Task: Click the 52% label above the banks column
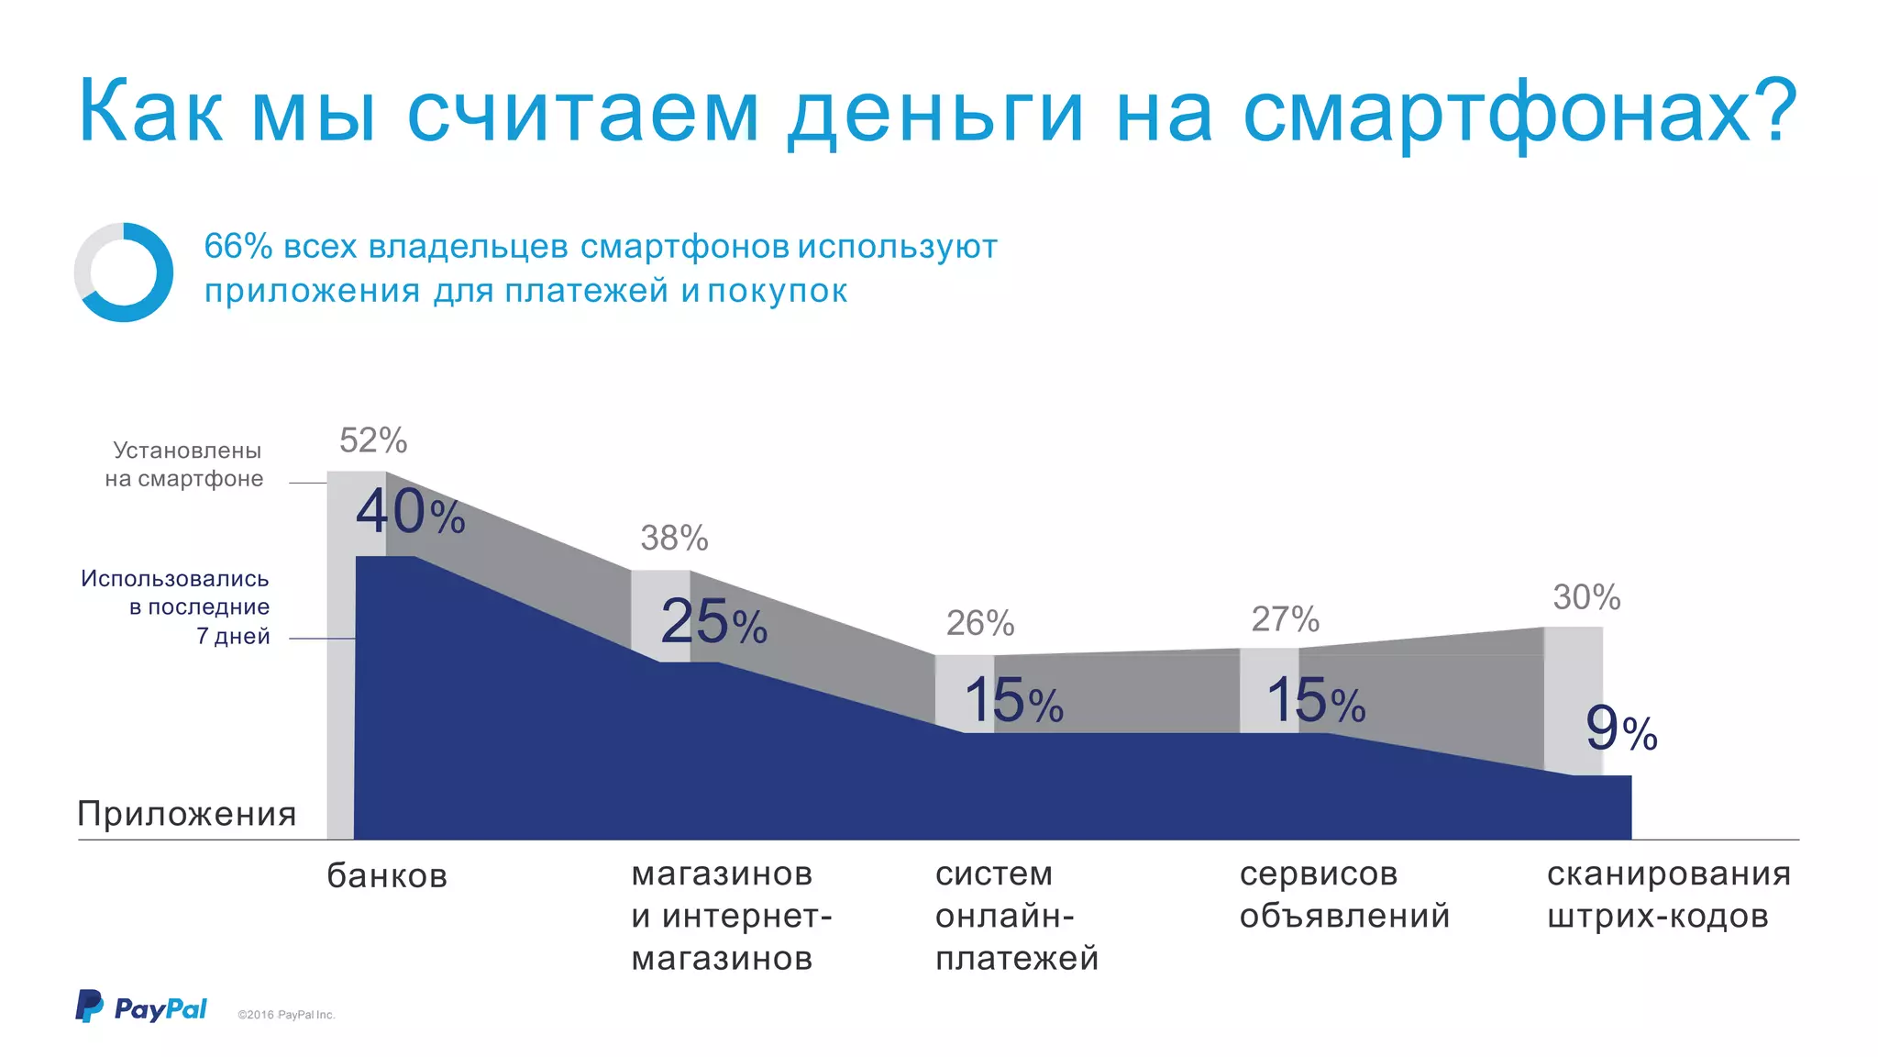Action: (373, 440)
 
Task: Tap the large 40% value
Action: (410, 512)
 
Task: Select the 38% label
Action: (674, 538)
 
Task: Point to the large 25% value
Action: (713, 622)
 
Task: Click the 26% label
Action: (979, 623)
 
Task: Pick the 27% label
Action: (1285, 619)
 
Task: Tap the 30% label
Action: (1586, 597)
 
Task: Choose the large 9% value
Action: (1621, 729)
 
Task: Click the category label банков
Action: (387, 875)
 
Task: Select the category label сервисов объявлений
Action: (1344, 895)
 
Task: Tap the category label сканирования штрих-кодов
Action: (1668, 895)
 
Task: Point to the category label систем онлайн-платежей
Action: (1016, 916)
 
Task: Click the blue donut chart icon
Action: (124, 273)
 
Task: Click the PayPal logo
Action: (141, 1007)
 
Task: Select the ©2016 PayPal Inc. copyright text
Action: (286, 1015)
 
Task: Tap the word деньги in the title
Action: (935, 113)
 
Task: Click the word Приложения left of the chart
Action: (187, 814)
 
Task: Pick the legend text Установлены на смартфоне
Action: (184, 464)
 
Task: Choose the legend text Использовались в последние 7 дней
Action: (176, 606)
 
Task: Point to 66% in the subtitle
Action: (238, 246)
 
